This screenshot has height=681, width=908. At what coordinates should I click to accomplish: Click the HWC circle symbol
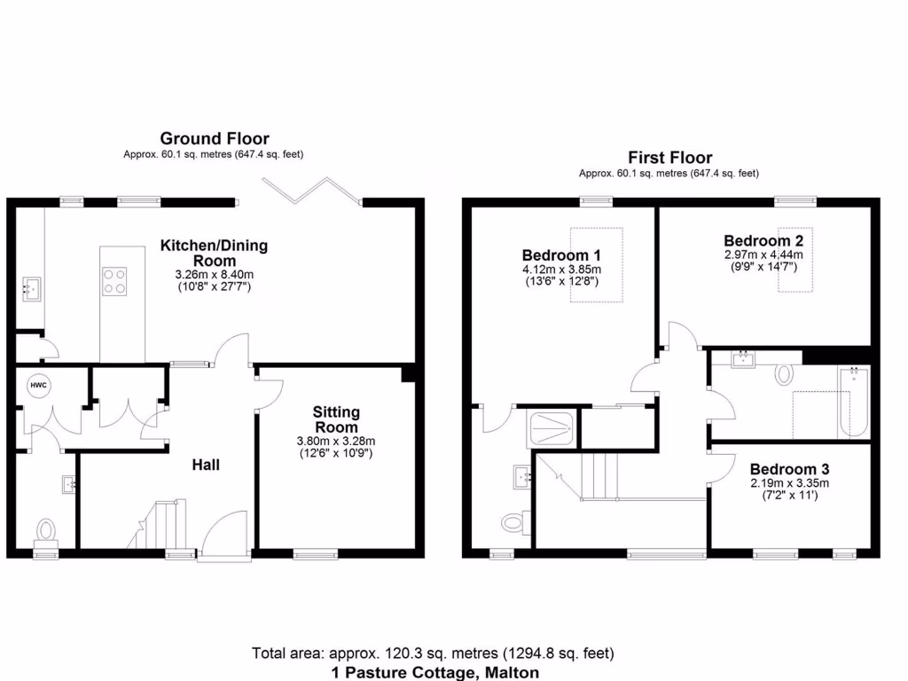pyautogui.click(x=38, y=386)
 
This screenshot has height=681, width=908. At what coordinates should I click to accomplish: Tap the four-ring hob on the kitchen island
pyautogui.click(x=114, y=280)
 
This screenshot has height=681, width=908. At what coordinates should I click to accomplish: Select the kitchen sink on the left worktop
pyautogui.click(x=31, y=288)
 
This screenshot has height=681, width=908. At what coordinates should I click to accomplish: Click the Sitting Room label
pyautogui.click(x=336, y=419)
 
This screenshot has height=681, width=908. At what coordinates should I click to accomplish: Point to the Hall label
pyautogui.click(x=207, y=465)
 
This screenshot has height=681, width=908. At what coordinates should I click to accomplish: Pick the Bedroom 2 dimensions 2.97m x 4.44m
pyautogui.click(x=763, y=254)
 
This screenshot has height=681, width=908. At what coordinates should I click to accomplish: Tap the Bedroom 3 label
pyautogui.click(x=788, y=469)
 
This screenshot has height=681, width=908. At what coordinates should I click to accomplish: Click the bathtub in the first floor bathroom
pyautogui.click(x=853, y=402)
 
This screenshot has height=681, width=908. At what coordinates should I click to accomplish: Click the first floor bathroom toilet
pyautogui.click(x=785, y=374)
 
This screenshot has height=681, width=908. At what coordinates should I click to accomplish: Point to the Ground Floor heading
pyautogui.click(x=214, y=138)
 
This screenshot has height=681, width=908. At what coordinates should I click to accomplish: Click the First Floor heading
pyautogui.click(x=669, y=158)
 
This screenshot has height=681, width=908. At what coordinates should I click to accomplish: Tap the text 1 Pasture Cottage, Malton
pyautogui.click(x=434, y=672)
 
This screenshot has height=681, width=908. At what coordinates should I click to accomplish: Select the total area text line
pyautogui.click(x=433, y=654)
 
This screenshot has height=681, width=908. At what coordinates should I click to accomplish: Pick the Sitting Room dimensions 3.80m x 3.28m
pyautogui.click(x=336, y=441)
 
